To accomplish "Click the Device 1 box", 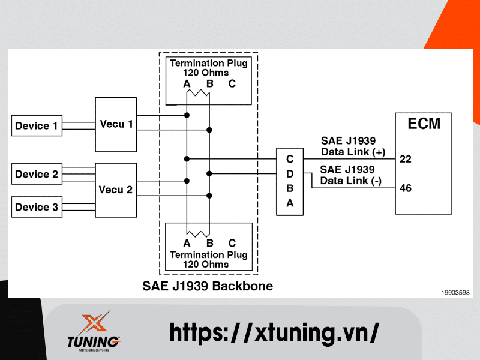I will (x=37, y=126).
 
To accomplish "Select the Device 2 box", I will (x=37, y=175).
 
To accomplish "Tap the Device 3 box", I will (x=37, y=208).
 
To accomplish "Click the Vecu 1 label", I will (x=116, y=124).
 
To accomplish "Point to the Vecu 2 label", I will (x=116, y=190).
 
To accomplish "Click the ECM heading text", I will (x=424, y=124).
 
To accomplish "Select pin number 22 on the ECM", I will (x=406, y=159).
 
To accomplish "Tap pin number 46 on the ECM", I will (x=406, y=188).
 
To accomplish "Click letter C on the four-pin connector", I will (x=290, y=160).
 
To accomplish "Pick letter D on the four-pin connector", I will (x=290, y=174).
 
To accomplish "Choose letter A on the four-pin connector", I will (x=290, y=203).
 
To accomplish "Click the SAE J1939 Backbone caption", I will (x=208, y=286).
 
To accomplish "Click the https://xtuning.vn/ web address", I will (x=274, y=332).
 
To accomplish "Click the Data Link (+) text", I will (x=353, y=151).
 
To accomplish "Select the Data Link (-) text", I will (x=351, y=181).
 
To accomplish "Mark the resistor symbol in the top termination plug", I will (x=198, y=93).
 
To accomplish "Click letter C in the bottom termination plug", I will (x=232, y=243).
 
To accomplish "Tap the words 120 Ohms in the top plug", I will (x=206, y=73).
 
